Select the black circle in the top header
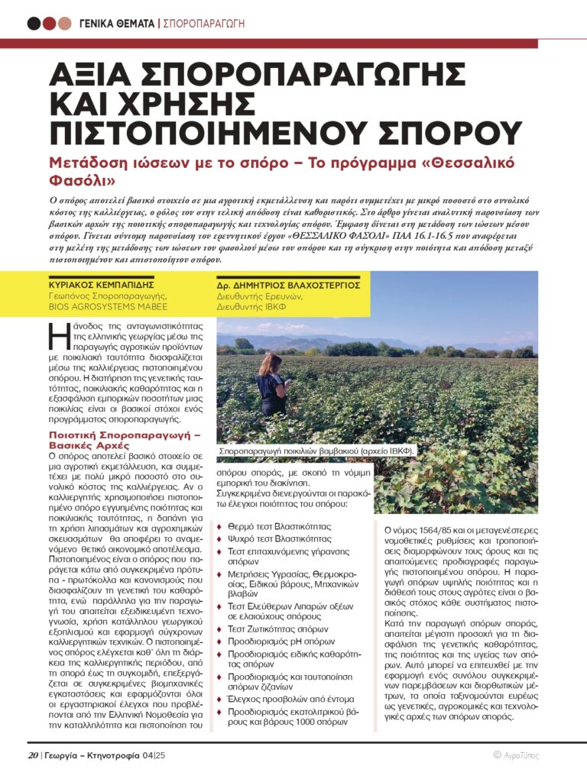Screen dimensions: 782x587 tap(34, 23)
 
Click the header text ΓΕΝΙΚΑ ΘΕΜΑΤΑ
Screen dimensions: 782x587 tap(117, 23)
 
